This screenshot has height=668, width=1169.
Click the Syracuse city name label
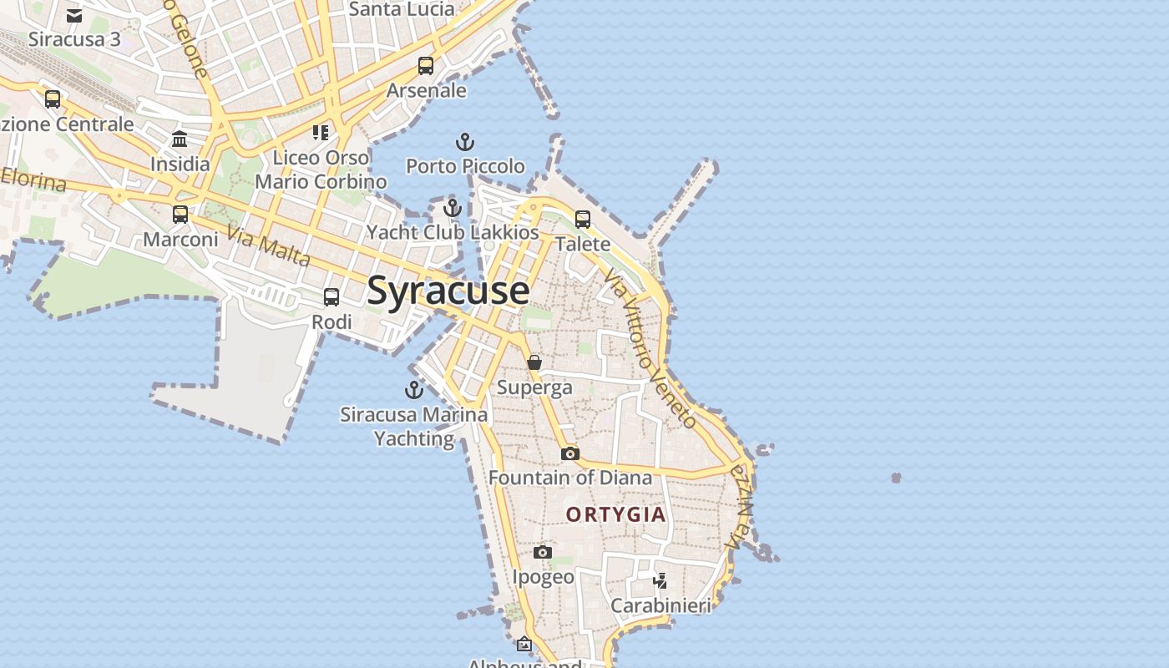coord(448,291)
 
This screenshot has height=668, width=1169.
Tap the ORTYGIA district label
coord(616,514)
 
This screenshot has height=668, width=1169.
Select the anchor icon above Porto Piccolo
coord(465,142)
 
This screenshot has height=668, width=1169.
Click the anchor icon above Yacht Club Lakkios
coord(453,208)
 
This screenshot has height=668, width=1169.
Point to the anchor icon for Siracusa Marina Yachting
coord(414,390)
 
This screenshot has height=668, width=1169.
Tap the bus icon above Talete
coord(583,220)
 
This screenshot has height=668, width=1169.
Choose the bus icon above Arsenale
coord(426,66)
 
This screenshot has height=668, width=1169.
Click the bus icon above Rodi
coord(331,297)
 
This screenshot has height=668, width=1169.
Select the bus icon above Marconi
coord(180,215)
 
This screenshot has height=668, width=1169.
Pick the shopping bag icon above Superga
coord(534,362)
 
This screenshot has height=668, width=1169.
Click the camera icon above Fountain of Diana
coord(570,453)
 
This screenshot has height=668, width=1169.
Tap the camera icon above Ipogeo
coord(543,552)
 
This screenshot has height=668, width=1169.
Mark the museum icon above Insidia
coord(180,139)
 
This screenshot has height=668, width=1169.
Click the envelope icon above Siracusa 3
coord(74,16)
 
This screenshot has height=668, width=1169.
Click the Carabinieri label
coord(660,605)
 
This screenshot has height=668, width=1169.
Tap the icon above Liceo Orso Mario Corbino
coord(321,133)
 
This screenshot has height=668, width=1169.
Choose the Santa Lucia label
coord(402,10)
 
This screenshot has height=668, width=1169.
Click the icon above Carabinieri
coord(660,580)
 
